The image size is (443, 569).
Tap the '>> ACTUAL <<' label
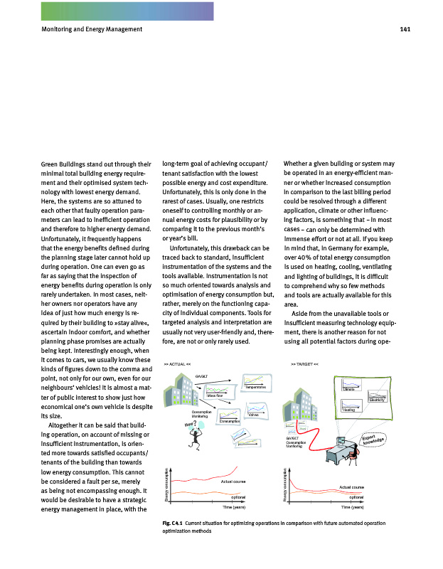(176, 363)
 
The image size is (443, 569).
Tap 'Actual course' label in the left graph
(233, 483)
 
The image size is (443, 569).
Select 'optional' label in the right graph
(357, 496)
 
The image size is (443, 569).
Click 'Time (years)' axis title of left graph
(235, 508)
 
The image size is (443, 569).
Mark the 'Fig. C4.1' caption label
(173, 523)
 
